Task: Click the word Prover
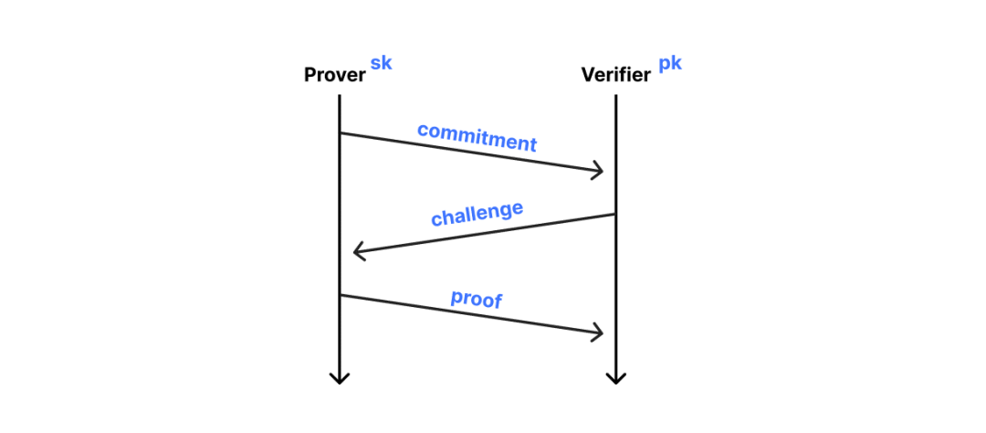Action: (334, 75)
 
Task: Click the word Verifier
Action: (615, 75)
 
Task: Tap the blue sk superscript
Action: (381, 64)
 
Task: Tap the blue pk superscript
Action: (670, 66)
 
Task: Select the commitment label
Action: (477, 137)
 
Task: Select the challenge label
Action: (477, 214)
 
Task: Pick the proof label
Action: (477, 299)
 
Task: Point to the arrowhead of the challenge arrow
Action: (356, 250)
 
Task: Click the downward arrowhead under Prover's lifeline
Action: (339, 378)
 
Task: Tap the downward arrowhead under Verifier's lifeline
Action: (615, 378)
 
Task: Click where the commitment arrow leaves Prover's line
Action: (340, 133)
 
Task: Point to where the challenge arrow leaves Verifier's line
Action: (615, 215)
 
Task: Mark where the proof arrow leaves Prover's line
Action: (340, 295)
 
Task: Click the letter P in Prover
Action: (309, 75)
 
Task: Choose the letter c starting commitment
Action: (422, 129)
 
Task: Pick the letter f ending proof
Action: (498, 301)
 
